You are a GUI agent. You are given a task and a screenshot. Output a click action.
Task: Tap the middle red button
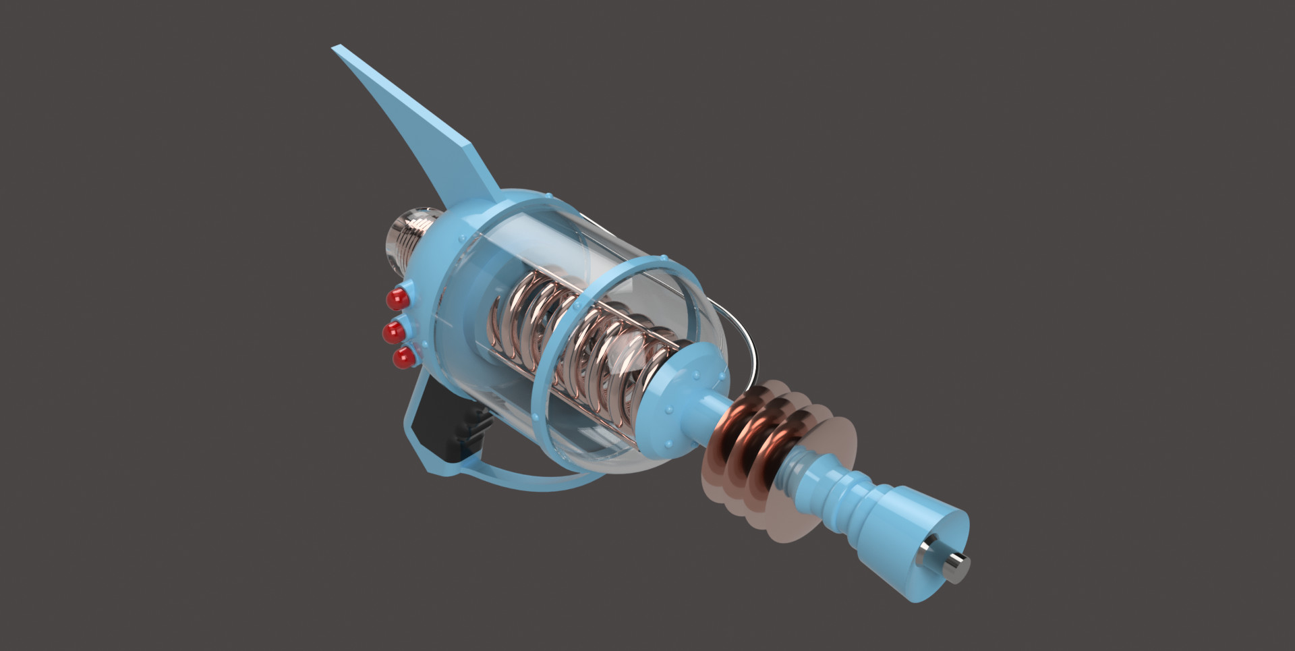point(393,331)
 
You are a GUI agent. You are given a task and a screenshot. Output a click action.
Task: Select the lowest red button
point(403,358)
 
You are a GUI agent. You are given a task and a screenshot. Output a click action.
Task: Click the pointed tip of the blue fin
point(335,49)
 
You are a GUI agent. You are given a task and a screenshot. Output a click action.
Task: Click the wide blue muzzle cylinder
point(931,533)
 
